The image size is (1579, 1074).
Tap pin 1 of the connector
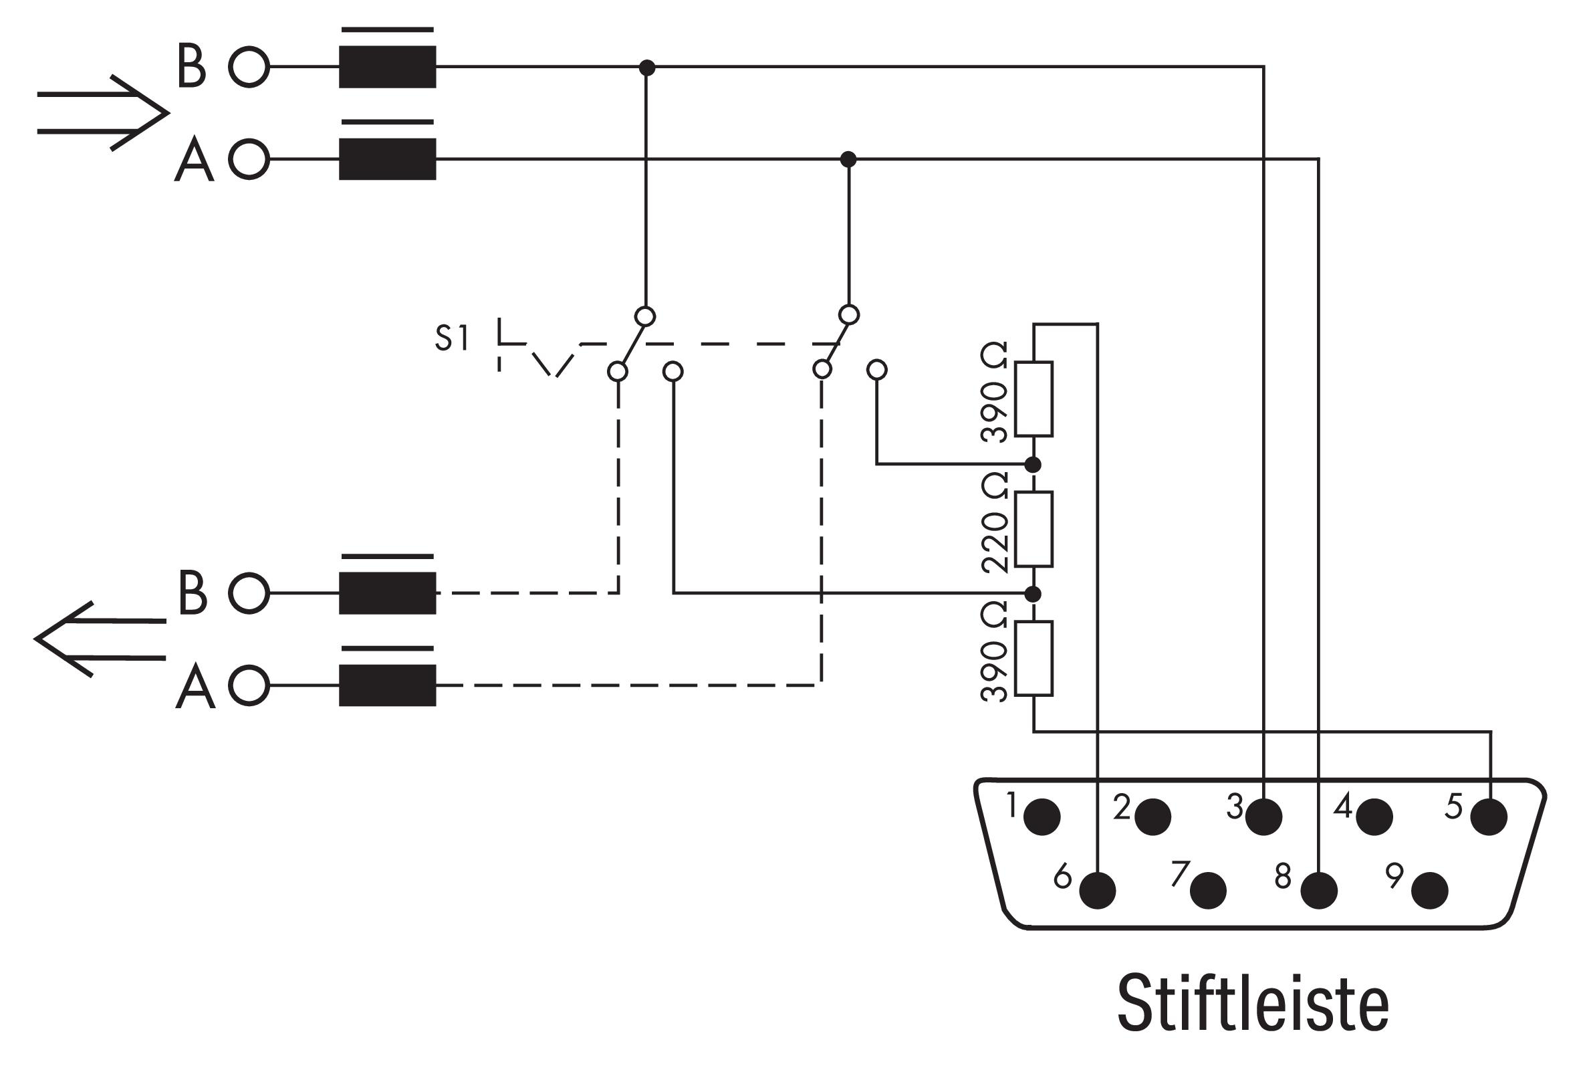(x=1042, y=817)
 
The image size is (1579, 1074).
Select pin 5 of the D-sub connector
(x=1489, y=817)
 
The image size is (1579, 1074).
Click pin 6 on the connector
(x=1097, y=891)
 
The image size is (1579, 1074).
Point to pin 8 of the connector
(x=1319, y=891)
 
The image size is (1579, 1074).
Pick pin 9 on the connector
(x=1429, y=891)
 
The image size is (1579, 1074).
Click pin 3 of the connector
(x=1263, y=817)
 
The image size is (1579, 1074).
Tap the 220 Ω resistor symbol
(x=1034, y=529)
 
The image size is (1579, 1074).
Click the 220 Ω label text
(x=995, y=524)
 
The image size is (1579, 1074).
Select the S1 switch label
(x=452, y=338)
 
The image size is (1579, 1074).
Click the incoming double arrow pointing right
(x=102, y=113)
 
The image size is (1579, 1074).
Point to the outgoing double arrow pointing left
(x=100, y=639)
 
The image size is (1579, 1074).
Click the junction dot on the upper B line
(x=648, y=68)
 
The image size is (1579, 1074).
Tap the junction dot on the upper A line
(x=848, y=160)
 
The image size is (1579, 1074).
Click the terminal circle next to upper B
(x=249, y=68)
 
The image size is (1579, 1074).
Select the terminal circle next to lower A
(x=249, y=685)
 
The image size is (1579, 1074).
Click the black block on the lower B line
(x=387, y=593)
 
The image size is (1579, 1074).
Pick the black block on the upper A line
(x=387, y=159)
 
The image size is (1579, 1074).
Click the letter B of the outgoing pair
(x=193, y=593)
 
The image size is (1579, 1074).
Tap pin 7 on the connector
(x=1208, y=891)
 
